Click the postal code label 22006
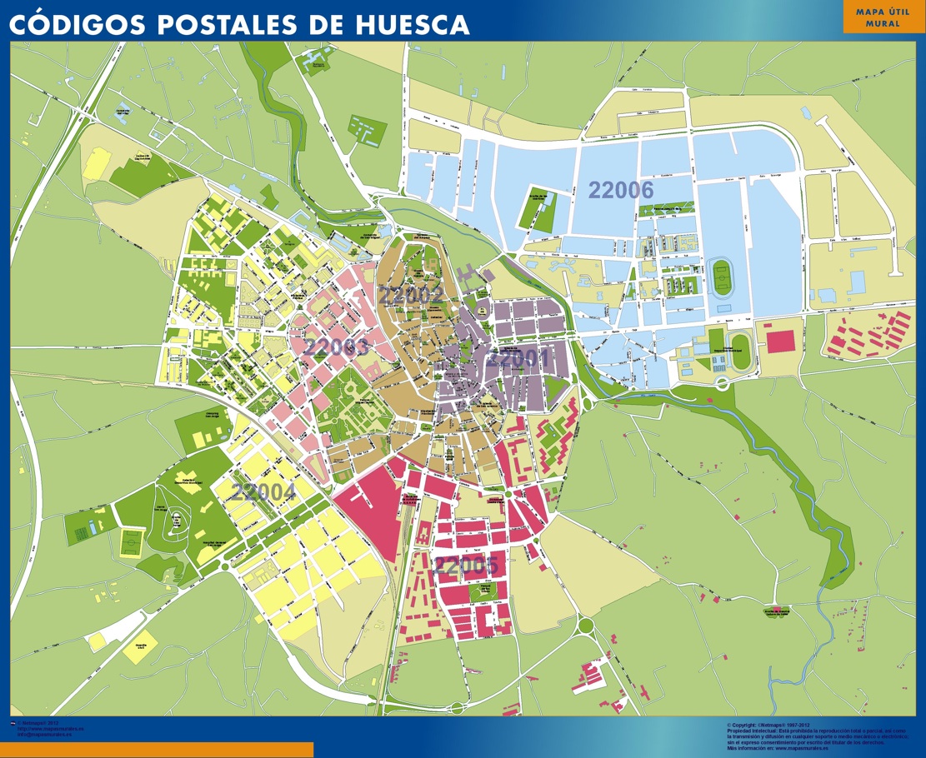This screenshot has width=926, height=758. click(621, 190)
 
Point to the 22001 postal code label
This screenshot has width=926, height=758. click(518, 359)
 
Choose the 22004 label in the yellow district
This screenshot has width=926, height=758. click(263, 492)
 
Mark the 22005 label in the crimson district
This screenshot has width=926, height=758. click(466, 566)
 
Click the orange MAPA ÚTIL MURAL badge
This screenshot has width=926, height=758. click(883, 17)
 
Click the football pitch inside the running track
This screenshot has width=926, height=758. click(721, 277)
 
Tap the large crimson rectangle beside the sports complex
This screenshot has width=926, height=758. click(780, 341)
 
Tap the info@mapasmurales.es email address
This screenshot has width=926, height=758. click(45, 735)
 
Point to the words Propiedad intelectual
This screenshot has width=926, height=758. click(750, 731)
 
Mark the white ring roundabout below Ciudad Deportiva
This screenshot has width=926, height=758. click(722, 383)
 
